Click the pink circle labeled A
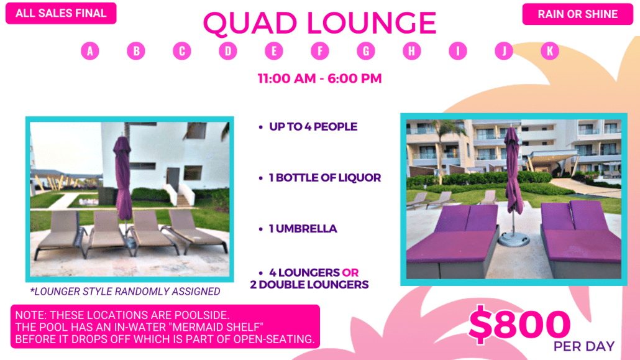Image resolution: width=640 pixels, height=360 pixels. tap(90, 51)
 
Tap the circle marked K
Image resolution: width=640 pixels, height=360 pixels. tap(550, 51)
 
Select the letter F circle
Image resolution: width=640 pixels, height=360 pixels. tap(320, 51)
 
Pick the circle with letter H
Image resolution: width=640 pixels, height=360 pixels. tap(412, 51)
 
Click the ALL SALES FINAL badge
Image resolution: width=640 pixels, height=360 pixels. tap(61, 13)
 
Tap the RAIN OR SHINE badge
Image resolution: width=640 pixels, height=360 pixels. tap(577, 14)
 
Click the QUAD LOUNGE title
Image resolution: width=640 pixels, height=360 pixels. tap(319, 23)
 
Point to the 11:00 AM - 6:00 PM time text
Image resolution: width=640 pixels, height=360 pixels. tap(319, 78)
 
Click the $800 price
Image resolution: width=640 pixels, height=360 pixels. tap(519, 325)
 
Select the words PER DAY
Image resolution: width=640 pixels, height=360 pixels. tap(583, 346)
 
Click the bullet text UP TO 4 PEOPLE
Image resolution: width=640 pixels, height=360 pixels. tap(313, 127)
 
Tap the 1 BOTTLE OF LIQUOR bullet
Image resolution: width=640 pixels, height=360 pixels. tap(325, 178)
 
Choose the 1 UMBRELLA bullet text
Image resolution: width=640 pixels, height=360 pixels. tap(303, 229)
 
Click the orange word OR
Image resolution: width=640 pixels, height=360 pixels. tap(350, 272)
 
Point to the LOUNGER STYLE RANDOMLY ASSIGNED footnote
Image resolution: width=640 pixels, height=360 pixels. tap(126, 292)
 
